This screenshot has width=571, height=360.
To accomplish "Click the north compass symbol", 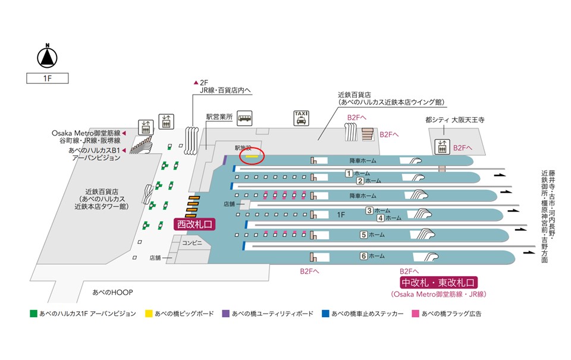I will [47, 57].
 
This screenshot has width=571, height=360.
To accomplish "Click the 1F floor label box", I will [47, 78].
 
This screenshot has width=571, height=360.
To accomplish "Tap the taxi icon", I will [302, 118].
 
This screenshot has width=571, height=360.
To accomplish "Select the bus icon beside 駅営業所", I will [244, 118].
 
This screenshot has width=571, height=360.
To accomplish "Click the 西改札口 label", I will [193, 224].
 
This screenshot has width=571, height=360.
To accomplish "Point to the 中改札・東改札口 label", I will [440, 283].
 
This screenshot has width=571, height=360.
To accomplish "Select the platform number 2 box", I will [360, 181].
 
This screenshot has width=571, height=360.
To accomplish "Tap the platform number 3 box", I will [369, 210].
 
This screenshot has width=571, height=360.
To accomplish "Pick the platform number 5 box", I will [363, 234].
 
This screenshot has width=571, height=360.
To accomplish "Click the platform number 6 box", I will [363, 256].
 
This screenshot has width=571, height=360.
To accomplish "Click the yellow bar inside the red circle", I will [252, 156].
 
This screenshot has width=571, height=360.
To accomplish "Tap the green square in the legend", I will [33, 313].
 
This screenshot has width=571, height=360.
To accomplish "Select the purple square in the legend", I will [225, 313].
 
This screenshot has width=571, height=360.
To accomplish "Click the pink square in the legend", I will [415, 313].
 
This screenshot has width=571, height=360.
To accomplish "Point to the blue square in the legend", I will [324, 313].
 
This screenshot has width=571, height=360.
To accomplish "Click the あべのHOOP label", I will [112, 293].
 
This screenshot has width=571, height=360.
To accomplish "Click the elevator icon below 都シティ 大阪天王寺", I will [442, 146].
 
